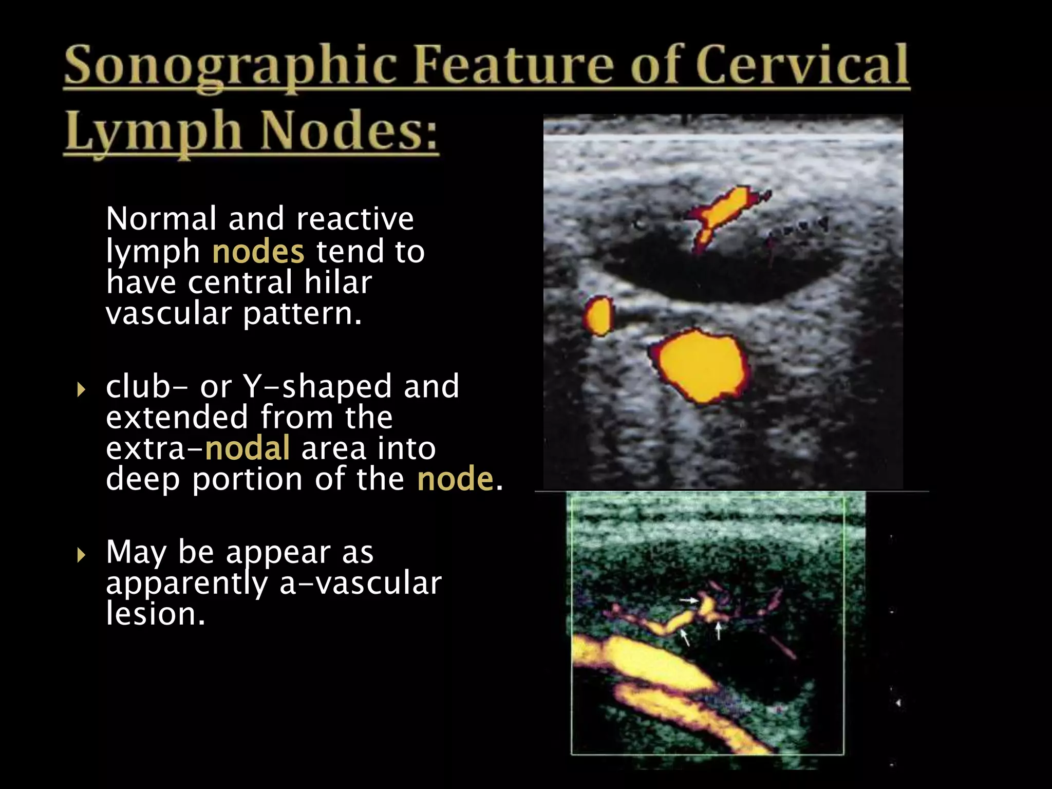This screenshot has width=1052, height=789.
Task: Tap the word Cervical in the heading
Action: tap(801, 66)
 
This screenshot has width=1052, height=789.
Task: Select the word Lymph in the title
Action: tap(153, 131)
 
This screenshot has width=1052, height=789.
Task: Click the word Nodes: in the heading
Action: tap(348, 130)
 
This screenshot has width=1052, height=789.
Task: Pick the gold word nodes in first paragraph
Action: tap(258, 252)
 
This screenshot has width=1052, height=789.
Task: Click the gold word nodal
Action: tap(247, 448)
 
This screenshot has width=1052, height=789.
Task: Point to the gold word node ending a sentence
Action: tap(455, 479)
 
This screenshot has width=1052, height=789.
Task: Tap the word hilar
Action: tap(337, 283)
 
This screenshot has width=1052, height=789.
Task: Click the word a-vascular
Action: tap(360, 584)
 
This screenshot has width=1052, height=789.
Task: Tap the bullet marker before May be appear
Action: tap(81, 555)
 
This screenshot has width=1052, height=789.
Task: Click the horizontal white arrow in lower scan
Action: tap(688, 599)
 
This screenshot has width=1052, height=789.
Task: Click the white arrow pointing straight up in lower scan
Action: tap(719, 631)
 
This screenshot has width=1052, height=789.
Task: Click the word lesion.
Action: tap(155, 614)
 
